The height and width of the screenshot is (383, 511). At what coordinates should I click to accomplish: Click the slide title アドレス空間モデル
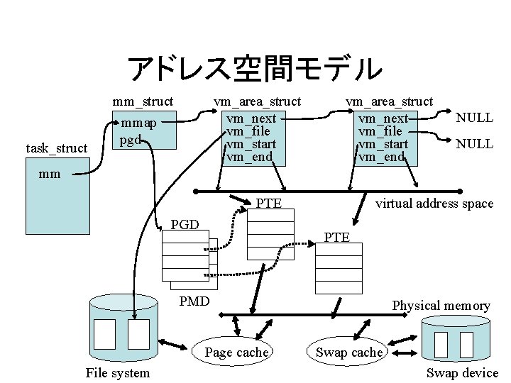255,68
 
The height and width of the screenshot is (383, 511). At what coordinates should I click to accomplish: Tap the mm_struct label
143,101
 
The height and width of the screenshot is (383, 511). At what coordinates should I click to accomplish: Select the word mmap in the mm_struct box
138,124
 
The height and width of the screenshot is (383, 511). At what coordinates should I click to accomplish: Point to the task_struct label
56,148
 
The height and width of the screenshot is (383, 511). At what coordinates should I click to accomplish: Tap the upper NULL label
474,118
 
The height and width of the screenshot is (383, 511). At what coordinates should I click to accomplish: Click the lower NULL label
474,144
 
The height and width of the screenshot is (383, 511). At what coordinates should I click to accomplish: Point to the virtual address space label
434,204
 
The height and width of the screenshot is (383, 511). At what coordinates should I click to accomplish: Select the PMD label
194,301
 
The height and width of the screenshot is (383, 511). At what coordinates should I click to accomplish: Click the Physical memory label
441,306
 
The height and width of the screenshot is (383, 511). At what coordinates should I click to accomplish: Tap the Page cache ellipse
236,352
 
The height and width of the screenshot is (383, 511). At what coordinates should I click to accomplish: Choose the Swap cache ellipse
348,352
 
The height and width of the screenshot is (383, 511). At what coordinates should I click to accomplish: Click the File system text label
117,373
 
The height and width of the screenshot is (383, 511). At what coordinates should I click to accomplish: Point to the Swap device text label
462,373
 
